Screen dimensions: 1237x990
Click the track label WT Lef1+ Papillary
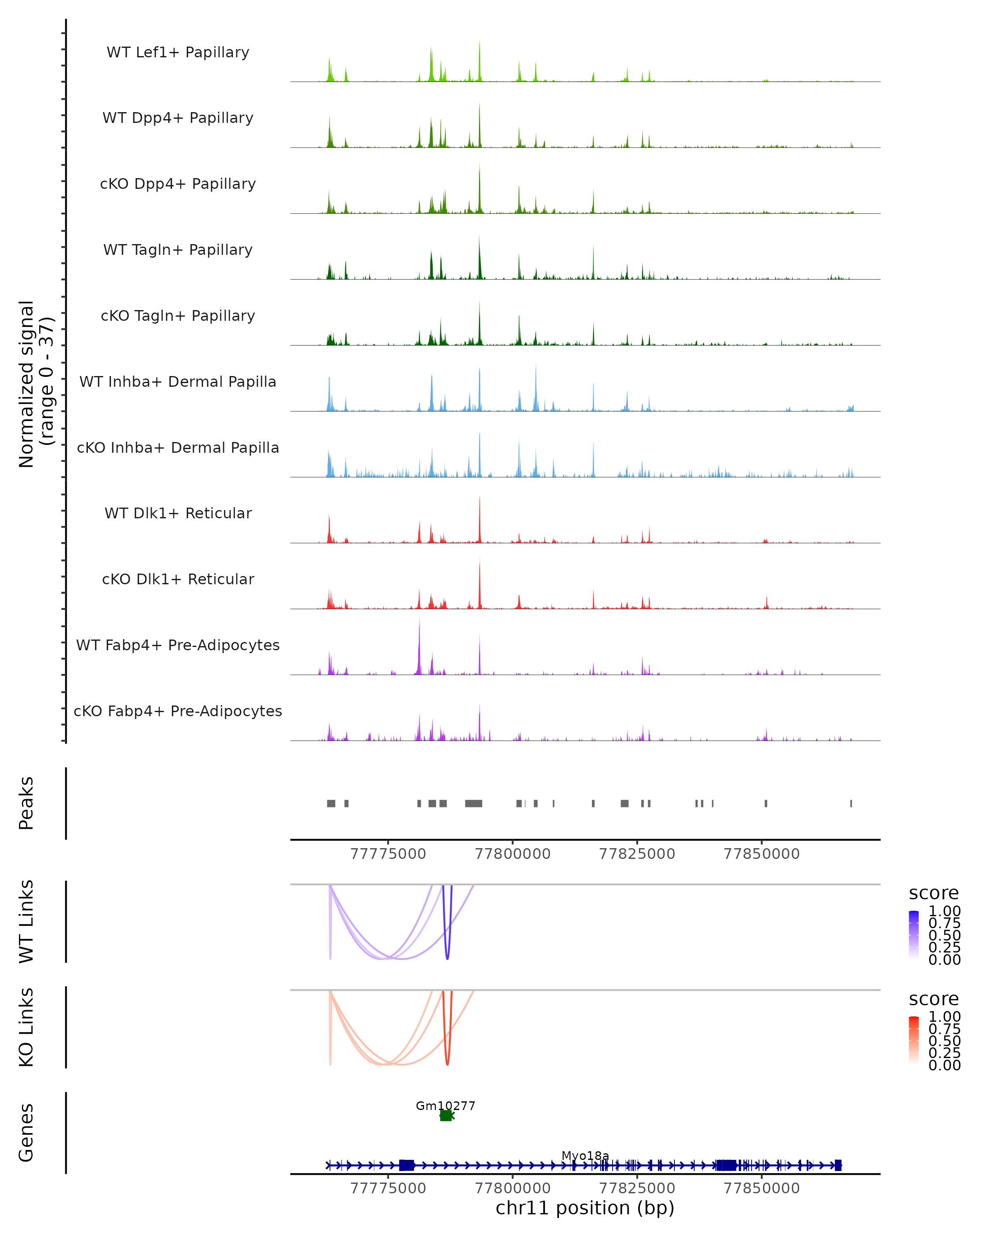click(178, 52)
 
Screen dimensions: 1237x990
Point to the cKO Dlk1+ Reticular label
click(178, 579)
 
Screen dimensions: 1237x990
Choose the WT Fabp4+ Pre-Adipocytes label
click(178, 645)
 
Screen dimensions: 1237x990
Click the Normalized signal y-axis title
click(35, 384)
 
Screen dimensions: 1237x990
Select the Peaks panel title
click(26, 803)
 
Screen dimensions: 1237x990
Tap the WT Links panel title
click(26, 922)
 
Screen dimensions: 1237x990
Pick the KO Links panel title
click(26, 1027)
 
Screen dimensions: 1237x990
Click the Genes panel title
click(26, 1133)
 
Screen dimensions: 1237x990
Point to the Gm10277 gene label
click(445, 1105)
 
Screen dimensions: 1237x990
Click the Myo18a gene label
click(585, 1155)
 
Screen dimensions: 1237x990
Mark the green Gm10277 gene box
click(446, 1115)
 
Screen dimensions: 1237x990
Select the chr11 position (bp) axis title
click(585, 1208)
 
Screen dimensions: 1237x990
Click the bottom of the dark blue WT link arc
click(448, 958)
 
